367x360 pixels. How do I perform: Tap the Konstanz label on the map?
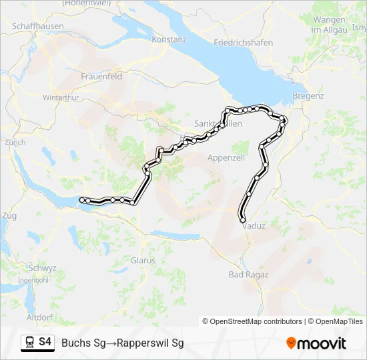[x=169, y=39]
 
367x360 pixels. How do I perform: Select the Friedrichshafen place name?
[x=243, y=43]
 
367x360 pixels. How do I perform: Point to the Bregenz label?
[x=308, y=96]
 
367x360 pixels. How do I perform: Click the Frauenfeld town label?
[x=101, y=77]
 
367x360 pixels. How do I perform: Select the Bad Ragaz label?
[x=248, y=275]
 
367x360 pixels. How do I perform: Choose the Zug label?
[x=9, y=216]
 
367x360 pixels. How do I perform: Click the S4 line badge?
[x=45, y=342]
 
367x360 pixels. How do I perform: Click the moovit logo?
[x=316, y=343]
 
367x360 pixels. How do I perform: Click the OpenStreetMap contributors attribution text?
[x=256, y=321]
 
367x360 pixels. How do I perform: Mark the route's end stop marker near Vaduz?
[x=243, y=220]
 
